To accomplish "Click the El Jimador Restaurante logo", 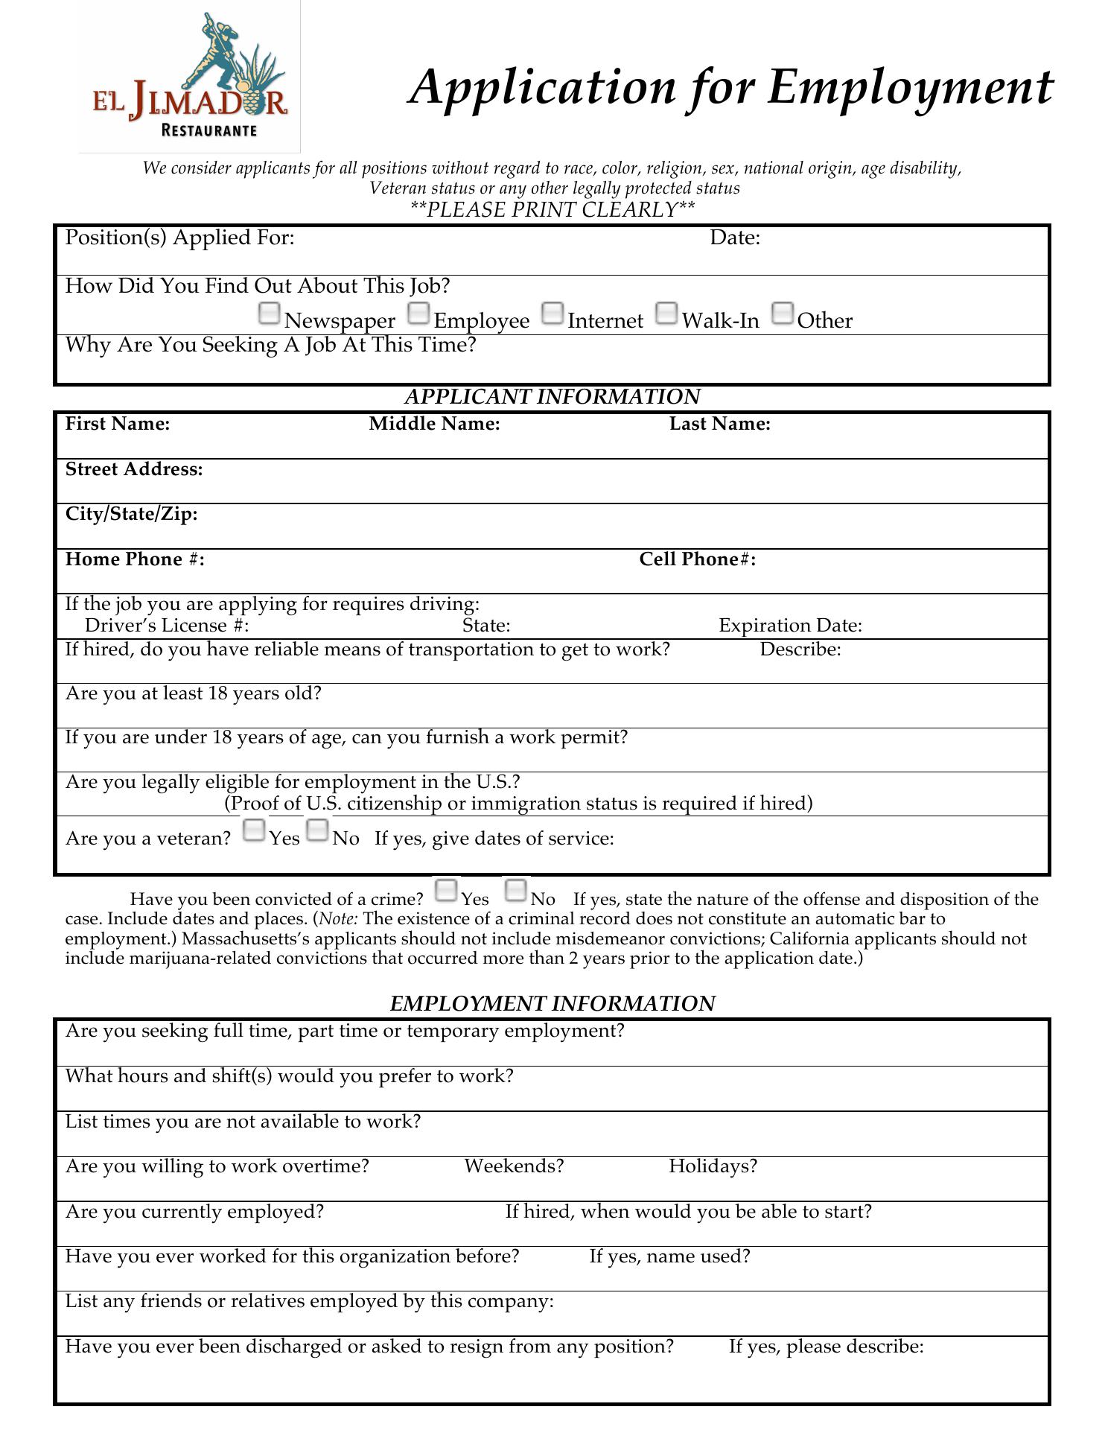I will click(190, 77).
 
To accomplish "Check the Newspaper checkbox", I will click(269, 314).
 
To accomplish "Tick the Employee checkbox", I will click(419, 314).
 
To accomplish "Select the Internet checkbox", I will click(552, 314).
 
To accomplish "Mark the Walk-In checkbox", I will click(667, 314).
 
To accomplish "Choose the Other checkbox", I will click(783, 314).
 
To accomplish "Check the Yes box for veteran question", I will click(254, 830).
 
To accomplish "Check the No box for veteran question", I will click(317, 830).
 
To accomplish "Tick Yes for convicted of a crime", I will click(446, 890).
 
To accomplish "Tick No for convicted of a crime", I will click(515, 890).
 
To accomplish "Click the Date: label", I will click(734, 238).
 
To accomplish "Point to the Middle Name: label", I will click(434, 425).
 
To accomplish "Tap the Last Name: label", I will click(719, 425).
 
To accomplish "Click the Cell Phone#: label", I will click(697, 559).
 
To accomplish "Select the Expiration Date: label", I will click(790, 626).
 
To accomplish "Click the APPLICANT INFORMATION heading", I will click(552, 397).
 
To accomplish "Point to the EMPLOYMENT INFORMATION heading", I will click(552, 1004).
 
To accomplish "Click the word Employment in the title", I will click(909, 88).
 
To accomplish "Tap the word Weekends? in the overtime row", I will click(514, 1166).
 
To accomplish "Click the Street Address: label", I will click(134, 470).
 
